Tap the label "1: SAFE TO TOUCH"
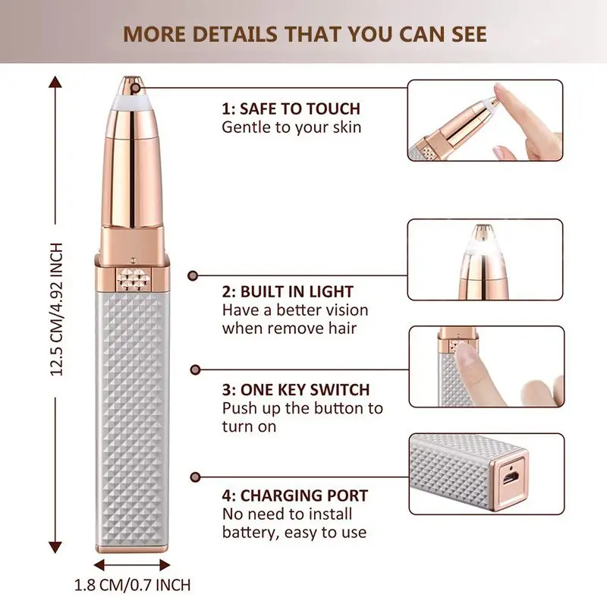coord(291,109)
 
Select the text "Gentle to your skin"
coord(291,127)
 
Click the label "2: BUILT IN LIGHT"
coord(288,291)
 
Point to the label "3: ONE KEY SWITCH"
coord(295,390)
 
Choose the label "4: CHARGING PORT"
coord(294,496)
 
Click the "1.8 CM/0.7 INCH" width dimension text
coord(132,585)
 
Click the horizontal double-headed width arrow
coord(133,565)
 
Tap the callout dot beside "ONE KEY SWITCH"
coord(195,370)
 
